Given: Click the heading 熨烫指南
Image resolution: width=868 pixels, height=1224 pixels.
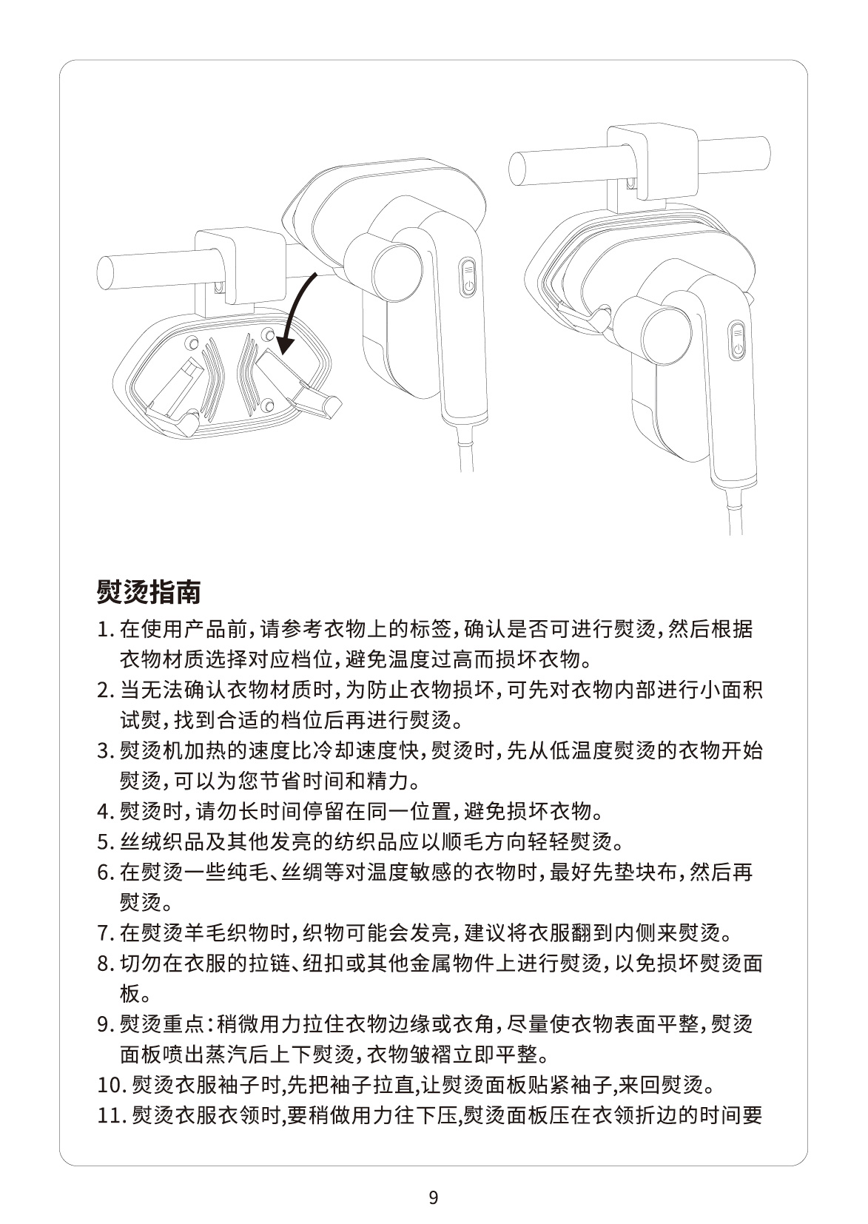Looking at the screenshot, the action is tap(149, 592).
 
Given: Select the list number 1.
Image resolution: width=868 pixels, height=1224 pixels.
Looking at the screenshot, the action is tap(105, 630).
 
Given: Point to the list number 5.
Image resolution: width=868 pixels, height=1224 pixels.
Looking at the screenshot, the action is tap(105, 842).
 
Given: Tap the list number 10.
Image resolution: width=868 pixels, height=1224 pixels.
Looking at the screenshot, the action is tap(111, 1085).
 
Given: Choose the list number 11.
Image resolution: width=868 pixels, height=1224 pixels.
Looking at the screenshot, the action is tap(111, 1115).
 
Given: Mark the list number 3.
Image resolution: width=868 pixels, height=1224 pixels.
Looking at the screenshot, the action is tap(105, 751).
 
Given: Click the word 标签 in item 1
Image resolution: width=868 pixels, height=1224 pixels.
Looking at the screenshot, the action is tap(431, 630).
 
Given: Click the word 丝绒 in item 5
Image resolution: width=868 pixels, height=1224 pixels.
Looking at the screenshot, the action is tap(141, 842).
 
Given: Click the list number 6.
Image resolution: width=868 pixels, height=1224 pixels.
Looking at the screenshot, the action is tap(105, 872).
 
